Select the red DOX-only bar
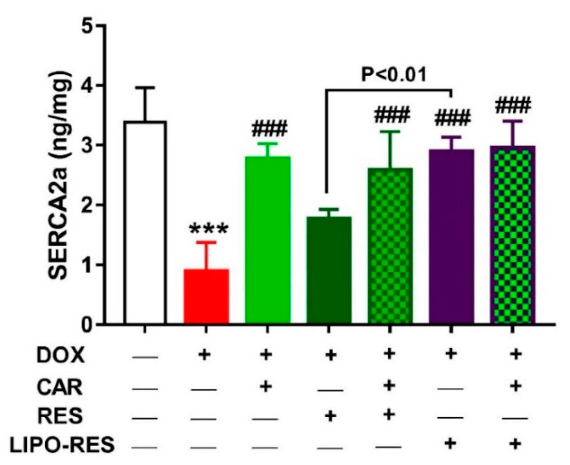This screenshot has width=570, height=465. (x=206, y=296)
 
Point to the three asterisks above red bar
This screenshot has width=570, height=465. (x=208, y=229)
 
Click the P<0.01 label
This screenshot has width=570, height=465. (x=394, y=75)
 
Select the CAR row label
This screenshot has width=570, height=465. (x=59, y=387)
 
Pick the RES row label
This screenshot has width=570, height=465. (x=59, y=416)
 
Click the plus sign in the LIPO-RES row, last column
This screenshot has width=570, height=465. (x=515, y=444)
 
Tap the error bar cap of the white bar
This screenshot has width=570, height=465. (x=145, y=87)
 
